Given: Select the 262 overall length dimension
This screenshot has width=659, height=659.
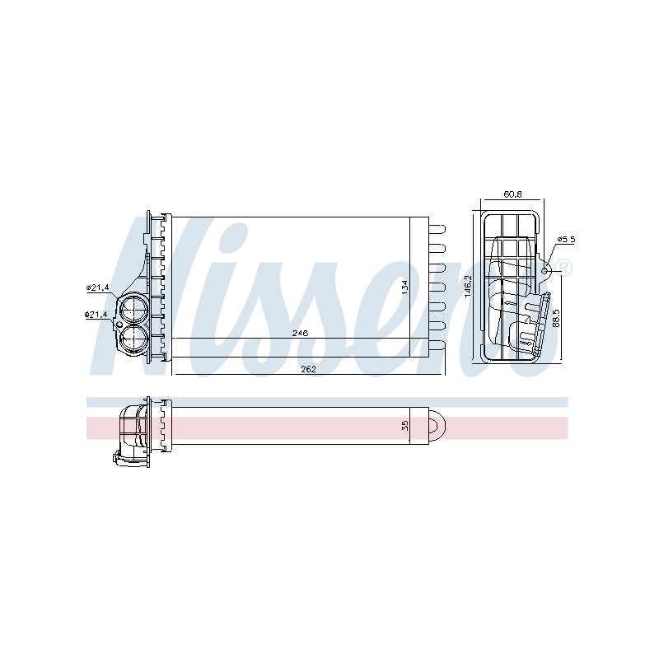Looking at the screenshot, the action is [x=308, y=369].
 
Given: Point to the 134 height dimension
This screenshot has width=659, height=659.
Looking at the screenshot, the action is [x=404, y=287].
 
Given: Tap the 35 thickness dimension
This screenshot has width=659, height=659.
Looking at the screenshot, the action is [x=405, y=426].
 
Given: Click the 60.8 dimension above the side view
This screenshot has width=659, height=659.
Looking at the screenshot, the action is [x=512, y=194].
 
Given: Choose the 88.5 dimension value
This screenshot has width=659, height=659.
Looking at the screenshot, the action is [x=556, y=318].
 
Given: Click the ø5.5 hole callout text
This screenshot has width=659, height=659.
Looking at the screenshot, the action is [x=566, y=239].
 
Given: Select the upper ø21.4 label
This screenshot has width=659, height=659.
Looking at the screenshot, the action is [x=97, y=287].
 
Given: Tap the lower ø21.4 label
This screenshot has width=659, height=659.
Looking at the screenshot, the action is [x=96, y=314].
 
